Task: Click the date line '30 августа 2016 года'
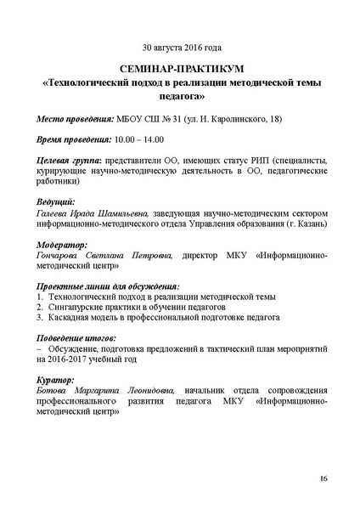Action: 181,48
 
